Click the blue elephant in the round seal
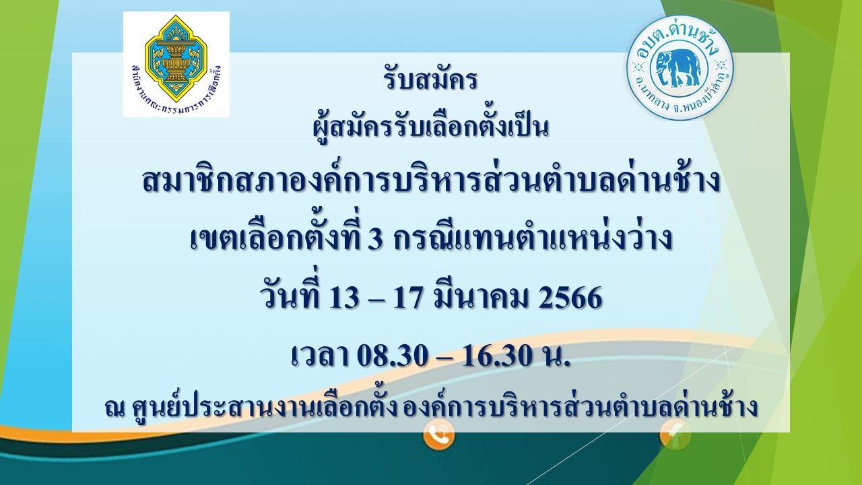pos(678,69)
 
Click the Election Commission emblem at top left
pos(176,64)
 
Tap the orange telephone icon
pos(438,435)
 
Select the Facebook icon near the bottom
pos(675,435)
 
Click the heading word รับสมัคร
pos(430,79)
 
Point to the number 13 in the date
pos(343,298)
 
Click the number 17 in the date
pos(409,298)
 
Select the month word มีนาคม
pos(482,296)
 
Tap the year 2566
pos(570,298)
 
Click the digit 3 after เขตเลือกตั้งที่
pos(375,238)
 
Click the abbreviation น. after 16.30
pos(555,356)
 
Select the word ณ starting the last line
pos(114,408)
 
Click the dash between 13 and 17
pos(376,300)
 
